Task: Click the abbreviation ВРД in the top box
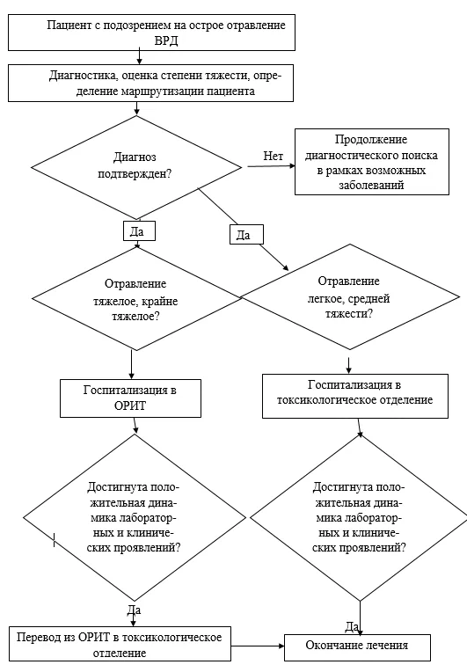(166, 40)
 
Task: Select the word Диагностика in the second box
(84, 76)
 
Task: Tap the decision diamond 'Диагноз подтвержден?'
(136, 167)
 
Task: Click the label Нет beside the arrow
(273, 156)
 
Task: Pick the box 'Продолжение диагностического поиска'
(372, 162)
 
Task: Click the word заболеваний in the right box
(371, 185)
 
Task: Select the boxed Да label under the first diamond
(139, 231)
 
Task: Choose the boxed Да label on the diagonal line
(246, 235)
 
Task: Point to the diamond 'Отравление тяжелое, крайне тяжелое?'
(136, 298)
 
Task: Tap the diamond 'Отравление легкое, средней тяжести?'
(350, 296)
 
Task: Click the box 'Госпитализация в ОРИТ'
(130, 398)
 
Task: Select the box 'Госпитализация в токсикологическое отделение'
(355, 396)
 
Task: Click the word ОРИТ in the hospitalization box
(130, 405)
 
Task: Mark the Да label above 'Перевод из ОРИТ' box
(134, 610)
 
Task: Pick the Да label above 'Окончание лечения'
(352, 626)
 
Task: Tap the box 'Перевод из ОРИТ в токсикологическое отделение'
(120, 644)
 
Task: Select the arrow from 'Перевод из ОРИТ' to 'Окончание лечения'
(258, 646)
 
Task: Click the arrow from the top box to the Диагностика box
(139, 57)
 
